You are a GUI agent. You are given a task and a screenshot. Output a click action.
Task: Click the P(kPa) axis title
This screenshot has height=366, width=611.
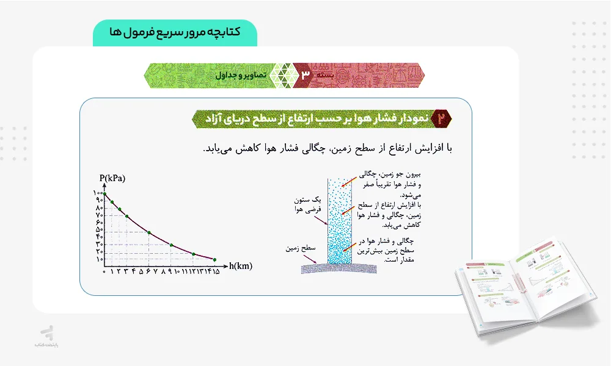tap(112, 178)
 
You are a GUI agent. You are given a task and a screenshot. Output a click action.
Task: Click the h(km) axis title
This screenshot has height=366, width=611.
tap(241, 266)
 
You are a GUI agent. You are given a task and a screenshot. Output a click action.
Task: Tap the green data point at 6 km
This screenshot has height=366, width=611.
tap(149, 233)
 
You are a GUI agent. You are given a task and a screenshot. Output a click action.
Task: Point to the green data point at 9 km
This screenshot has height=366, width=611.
tap(172, 245)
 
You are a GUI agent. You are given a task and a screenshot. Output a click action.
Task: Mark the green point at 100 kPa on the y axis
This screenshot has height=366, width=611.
tap(105, 194)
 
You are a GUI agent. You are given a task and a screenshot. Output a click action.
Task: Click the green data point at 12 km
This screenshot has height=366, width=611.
tap(194, 254)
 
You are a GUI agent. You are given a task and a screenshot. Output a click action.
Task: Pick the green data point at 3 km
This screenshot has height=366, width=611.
tap(127, 216)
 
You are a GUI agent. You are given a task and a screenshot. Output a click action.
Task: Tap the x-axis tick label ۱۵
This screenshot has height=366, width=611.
tap(215, 271)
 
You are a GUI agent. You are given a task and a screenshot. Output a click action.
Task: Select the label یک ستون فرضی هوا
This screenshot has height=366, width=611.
tap(308, 204)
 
